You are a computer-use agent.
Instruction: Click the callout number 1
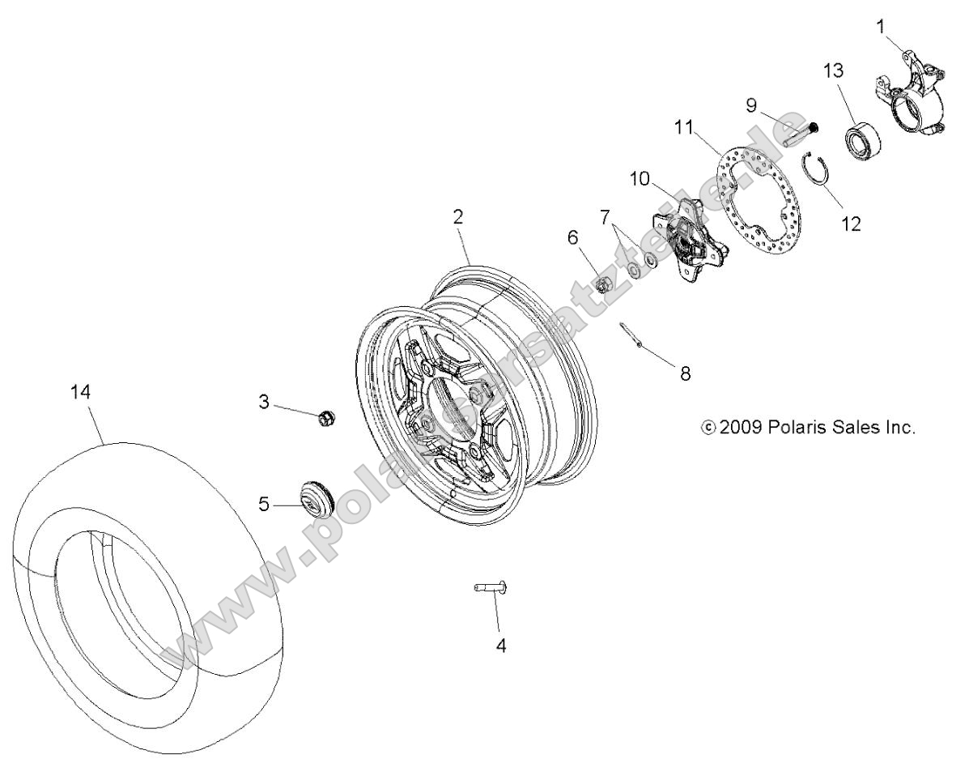(x=880, y=27)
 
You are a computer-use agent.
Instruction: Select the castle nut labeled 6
(x=602, y=284)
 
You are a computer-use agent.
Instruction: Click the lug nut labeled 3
(x=325, y=418)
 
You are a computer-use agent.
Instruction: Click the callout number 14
(x=81, y=391)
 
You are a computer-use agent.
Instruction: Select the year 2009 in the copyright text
(x=741, y=427)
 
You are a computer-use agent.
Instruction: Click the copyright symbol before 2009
(x=708, y=427)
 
